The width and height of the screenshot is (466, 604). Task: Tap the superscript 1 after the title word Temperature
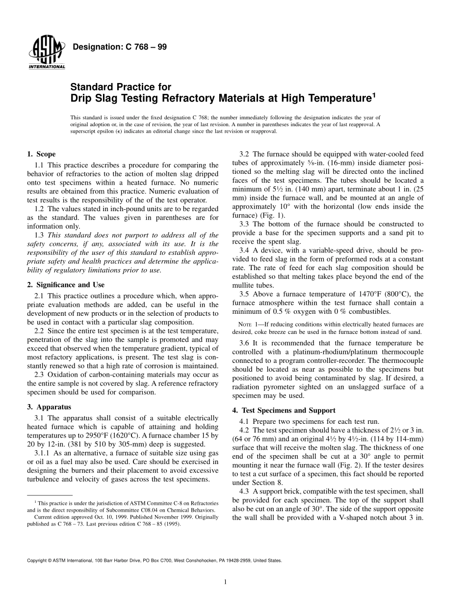[x=373, y=94]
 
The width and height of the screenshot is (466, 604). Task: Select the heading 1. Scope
[x=41, y=154]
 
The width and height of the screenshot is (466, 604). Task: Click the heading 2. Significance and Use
[x=66, y=285]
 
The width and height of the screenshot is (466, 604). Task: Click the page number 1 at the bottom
[x=225, y=582]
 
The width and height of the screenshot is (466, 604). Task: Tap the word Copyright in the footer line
[x=37, y=560]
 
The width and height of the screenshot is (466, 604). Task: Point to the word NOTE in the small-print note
[x=244, y=324]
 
